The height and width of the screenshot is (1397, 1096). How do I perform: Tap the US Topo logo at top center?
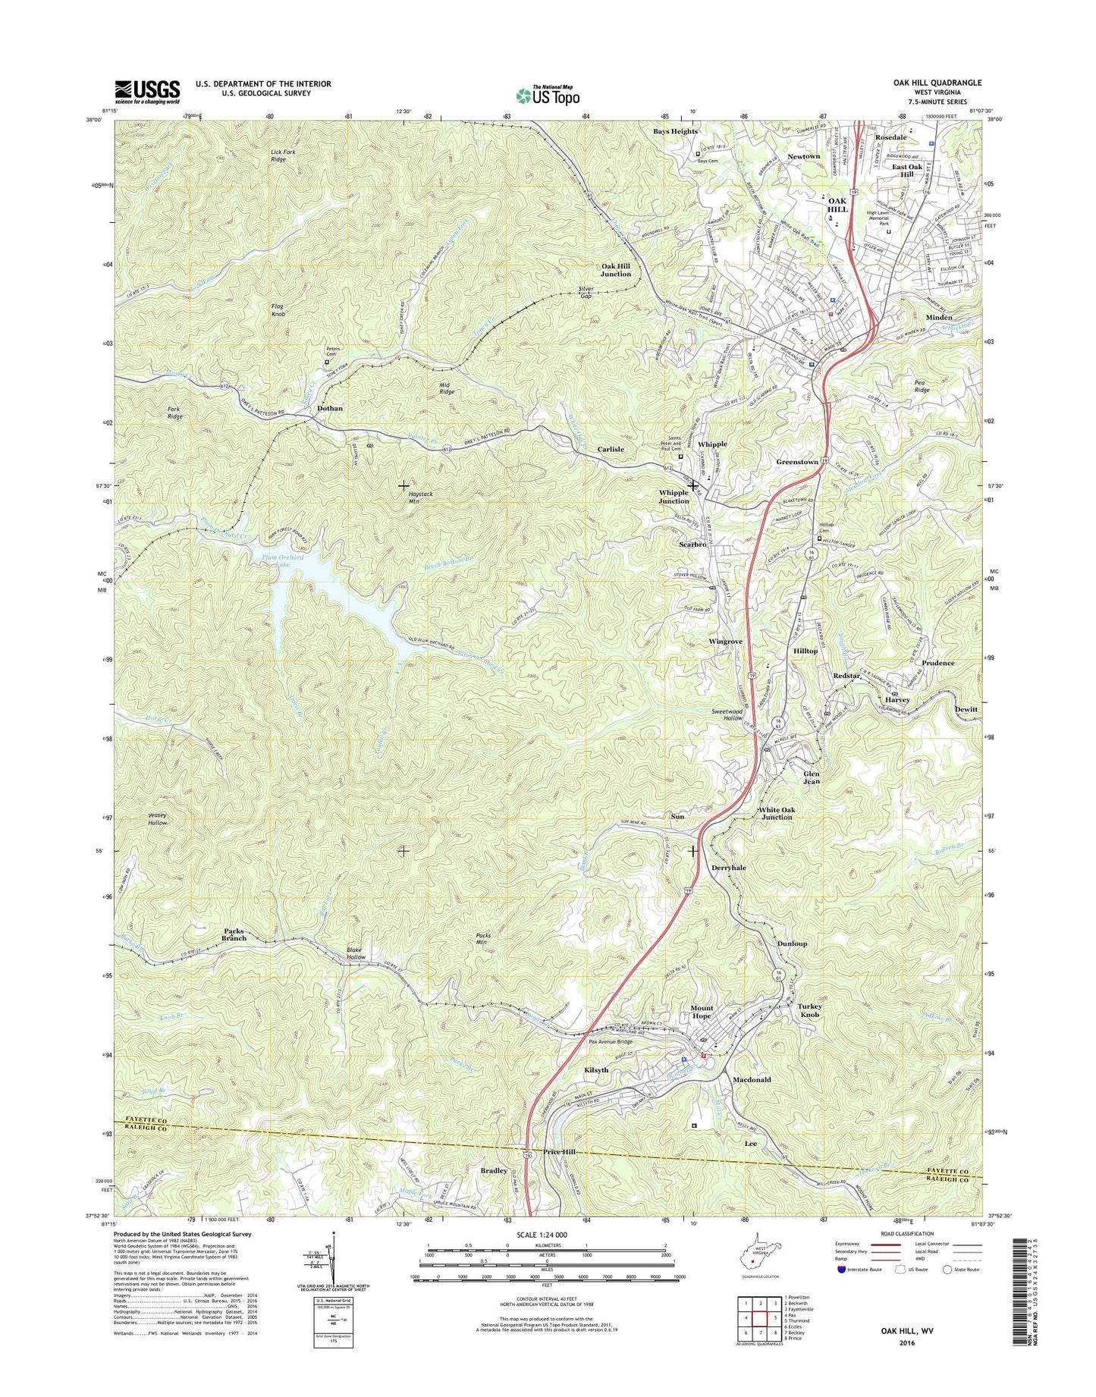coord(548,95)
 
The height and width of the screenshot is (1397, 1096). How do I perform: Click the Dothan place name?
coord(329,408)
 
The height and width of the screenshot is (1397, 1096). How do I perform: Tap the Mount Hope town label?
coord(701,1012)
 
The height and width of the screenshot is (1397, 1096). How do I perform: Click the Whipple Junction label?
coord(674,496)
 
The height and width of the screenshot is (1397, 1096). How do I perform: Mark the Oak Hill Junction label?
coord(616,270)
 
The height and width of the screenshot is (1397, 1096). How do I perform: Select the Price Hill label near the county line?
coord(559,1152)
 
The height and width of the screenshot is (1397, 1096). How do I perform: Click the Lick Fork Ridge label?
coord(283,155)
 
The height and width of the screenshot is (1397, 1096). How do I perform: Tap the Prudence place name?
coord(937,663)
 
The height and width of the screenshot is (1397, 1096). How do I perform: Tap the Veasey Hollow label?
coord(157,818)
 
